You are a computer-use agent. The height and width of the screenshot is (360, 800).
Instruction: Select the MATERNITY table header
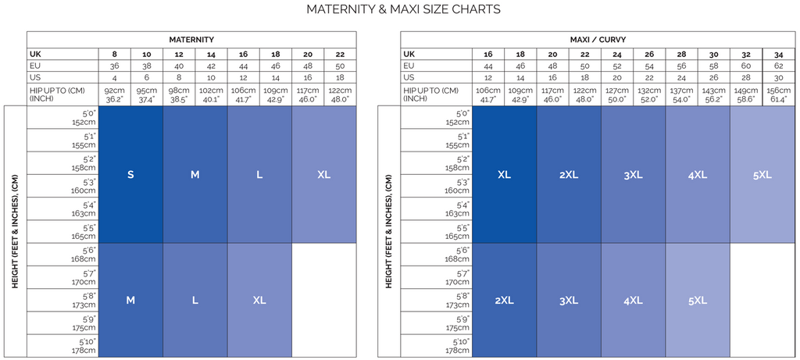(191, 39)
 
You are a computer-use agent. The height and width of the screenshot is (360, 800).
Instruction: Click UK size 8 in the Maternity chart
(115, 54)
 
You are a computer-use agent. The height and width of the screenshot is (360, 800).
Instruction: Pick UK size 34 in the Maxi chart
(778, 54)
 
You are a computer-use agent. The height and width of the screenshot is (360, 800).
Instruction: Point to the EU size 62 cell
(778, 66)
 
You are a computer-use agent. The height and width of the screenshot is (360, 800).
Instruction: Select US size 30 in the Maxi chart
(778, 78)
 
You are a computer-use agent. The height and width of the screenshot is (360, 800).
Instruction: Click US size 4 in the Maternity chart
(115, 78)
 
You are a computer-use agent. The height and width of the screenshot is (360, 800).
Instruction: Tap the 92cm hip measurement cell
(115, 94)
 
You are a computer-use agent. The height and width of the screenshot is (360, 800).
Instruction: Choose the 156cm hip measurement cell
(778, 94)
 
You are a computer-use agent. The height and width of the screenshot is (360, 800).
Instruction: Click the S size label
(131, 175)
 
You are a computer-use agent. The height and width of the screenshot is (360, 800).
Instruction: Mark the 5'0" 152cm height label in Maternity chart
(84, 118)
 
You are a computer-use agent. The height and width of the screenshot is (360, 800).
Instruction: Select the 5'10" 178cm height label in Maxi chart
(458, 346)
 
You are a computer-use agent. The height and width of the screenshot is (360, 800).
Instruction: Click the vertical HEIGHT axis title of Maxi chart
(388, 231)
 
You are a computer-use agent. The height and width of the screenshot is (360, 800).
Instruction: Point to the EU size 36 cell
(115, 66)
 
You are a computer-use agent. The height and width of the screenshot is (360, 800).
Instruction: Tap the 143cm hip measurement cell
(714, 94)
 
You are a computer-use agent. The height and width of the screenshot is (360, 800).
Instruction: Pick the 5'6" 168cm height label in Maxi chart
(458, 255)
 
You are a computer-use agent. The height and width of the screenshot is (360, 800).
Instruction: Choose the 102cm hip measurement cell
(212, 94)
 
